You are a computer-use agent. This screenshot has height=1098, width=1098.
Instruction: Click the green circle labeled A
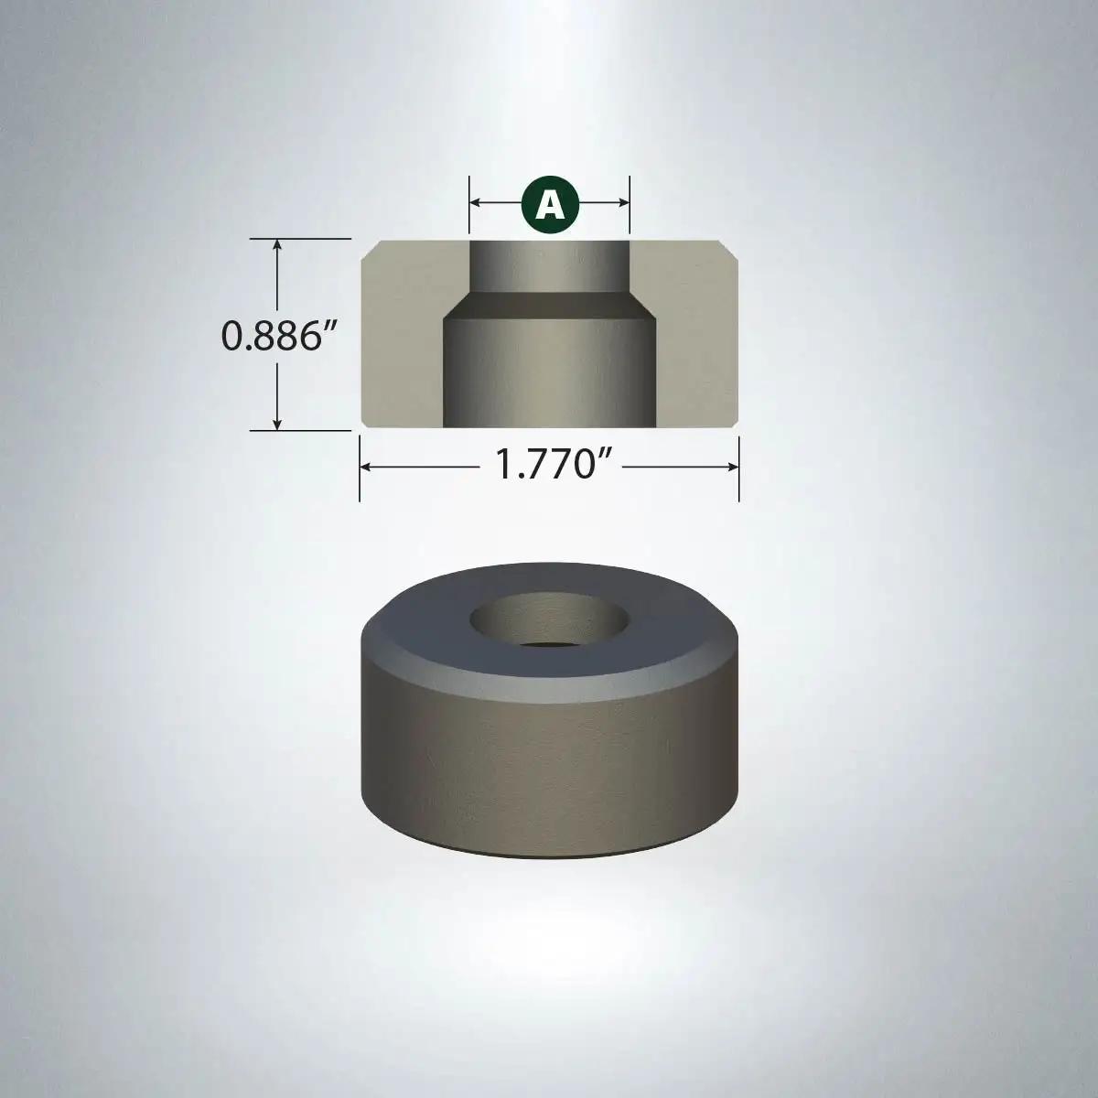point(550,205)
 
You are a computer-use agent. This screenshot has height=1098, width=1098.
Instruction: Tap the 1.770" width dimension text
point(551,464)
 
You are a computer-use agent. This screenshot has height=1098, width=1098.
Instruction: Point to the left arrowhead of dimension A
point(476,202)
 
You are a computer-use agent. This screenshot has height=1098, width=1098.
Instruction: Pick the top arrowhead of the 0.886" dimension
point(277,245)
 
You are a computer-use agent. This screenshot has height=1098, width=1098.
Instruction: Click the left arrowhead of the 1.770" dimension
point(366,468)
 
